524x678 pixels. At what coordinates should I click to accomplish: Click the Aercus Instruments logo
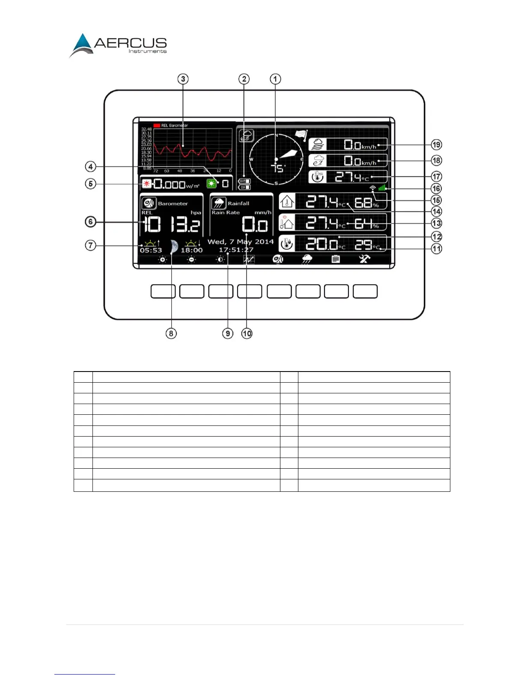pyautogui.click(x=118, y=45)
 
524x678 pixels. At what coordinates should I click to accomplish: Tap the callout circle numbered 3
pyautogui.click(x=183, y=79)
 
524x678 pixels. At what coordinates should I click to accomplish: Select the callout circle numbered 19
pyautogui.click(x=436, y=145)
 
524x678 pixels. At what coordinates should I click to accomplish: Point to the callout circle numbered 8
pyautogui.click(x=171, y=333)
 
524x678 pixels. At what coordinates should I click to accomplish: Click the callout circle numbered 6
pyautogui.click(x=90, y=222)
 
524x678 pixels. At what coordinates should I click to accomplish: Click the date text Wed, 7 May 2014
pyautogui.click(x=241, y=241)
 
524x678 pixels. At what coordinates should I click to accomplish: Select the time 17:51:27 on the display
pyautogui.click(x=236, y=250)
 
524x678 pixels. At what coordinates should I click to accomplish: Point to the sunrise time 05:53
pyautogui.click(x=151, y=250)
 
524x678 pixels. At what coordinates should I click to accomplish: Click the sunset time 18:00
pyautogui.click(x=191, y=250)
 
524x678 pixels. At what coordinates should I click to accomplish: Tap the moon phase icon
pyautogui.click(x=173, y=247)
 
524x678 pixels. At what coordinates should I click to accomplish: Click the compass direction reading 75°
pyautogui.click(x=278, y=168)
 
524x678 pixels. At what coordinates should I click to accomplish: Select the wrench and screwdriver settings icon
pyautogui.click(x=364, y=259)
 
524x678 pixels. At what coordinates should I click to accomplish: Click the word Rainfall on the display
pyautogui.click(x=238, y=203)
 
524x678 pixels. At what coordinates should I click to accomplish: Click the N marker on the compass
pyautogui.click(x=276, y=136)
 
